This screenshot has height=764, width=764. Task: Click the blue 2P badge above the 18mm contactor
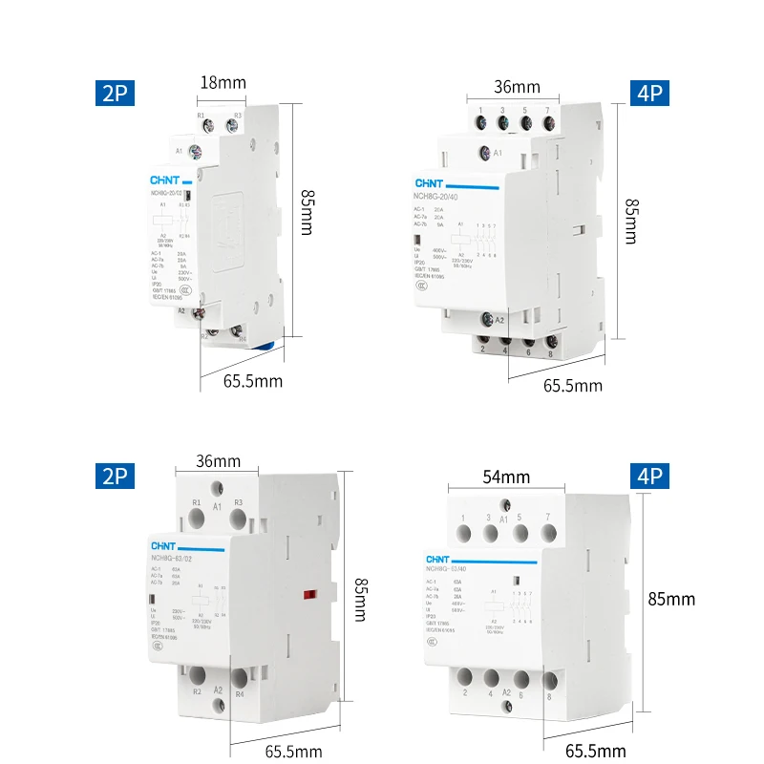pyautogui.click(x=115, y=94)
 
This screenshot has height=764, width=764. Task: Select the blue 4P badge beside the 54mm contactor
pyautogui.click(x=649, y=476)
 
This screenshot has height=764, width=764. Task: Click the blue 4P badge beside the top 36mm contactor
pyautogui.click(x=649, y=94)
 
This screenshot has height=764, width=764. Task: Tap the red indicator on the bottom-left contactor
pyautogui.click(x=308, y=596)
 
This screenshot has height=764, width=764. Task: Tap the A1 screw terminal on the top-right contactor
pyautogui.click(x=485, y=152)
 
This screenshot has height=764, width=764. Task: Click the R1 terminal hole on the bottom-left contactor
pyautogui.click(x=197, y=518)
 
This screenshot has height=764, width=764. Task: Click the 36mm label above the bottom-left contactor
pyautogui.click(x=218, y=460)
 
